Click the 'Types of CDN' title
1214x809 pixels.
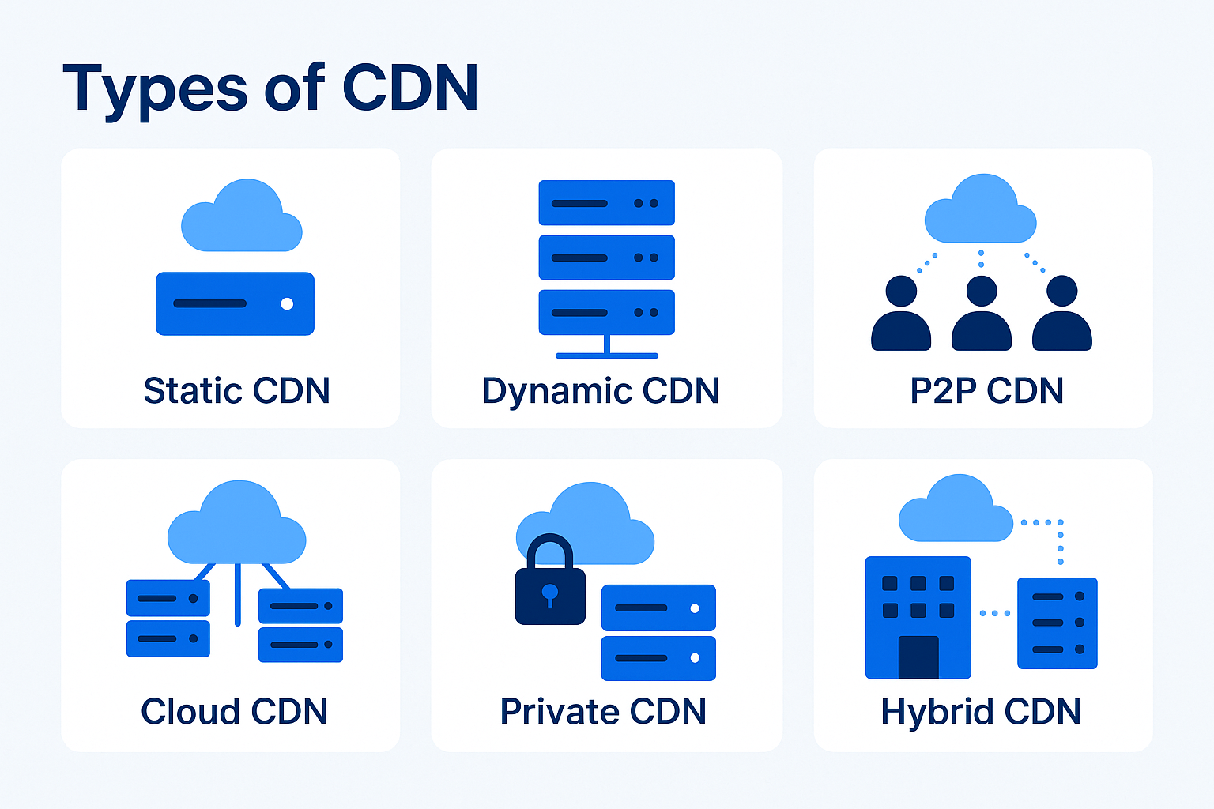[270, 88]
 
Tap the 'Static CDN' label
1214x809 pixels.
[236, 390]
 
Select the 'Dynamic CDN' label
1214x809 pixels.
[601, 390]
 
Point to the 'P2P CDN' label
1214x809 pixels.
[986, 390]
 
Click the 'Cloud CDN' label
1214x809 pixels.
[234, 711]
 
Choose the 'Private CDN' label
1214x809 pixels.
[603, 711]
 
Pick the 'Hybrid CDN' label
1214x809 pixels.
[980, 711]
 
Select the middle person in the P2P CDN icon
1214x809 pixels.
[982, 316]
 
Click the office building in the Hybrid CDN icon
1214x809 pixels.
[918, 616]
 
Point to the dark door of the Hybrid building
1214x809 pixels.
[918, 657]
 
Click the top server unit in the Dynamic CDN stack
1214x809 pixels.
[606, 203]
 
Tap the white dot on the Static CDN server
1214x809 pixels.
[287, 303]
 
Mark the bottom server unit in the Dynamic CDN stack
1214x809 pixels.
[606, 312]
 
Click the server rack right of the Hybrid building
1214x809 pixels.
[1057, 623]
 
